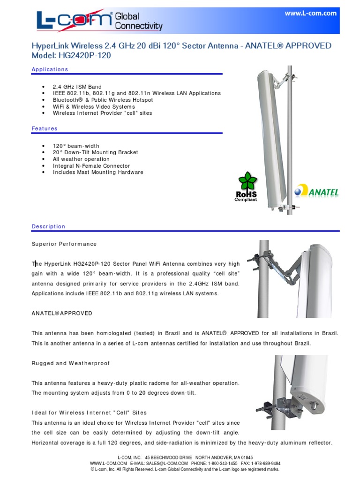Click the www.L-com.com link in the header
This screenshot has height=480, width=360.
[310, 14]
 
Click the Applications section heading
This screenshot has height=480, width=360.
[50, 69]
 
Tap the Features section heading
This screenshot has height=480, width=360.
[45, 128]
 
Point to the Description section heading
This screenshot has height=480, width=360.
[48, 226]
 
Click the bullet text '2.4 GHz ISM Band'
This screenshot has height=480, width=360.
[77, 87]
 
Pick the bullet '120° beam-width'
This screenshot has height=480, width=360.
[76, 146]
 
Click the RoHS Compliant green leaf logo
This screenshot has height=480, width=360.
[246, 186]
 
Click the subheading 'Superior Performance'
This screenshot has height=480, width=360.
[64, 244]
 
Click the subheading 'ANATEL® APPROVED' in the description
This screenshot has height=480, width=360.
[62, 313]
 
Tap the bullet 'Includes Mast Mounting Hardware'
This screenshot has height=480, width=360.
[98, 172]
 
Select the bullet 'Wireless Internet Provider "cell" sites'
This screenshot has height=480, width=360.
[102, 113]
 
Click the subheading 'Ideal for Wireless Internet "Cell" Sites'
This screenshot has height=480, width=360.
[89, 412]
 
